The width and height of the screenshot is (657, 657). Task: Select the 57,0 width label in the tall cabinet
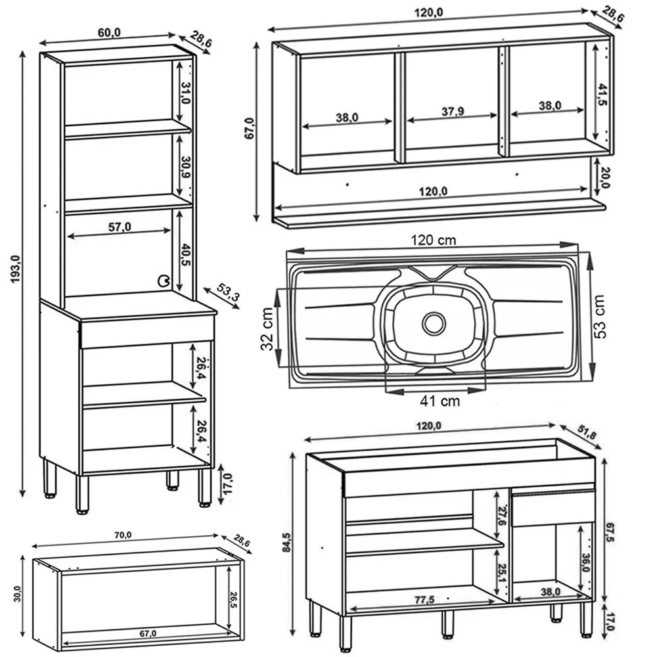pos(119,227)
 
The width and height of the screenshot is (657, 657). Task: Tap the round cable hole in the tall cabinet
pos(162,281)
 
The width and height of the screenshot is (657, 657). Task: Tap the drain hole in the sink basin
pos(434,323)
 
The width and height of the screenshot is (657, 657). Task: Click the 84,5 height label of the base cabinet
pos(286,543)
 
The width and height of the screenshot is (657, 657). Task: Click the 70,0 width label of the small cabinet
pos(123,535)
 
